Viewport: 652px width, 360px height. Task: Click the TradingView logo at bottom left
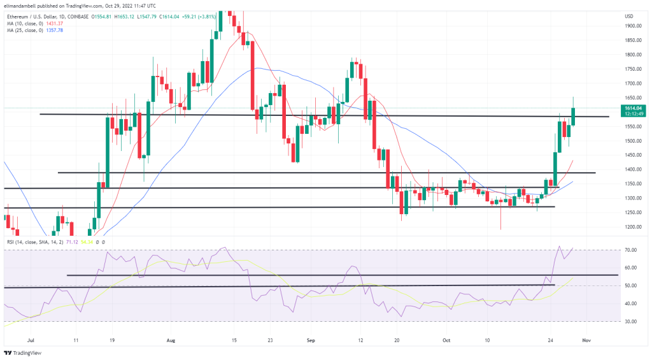click(22, 352)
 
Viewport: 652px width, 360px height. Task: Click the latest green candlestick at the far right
click(574, 116)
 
